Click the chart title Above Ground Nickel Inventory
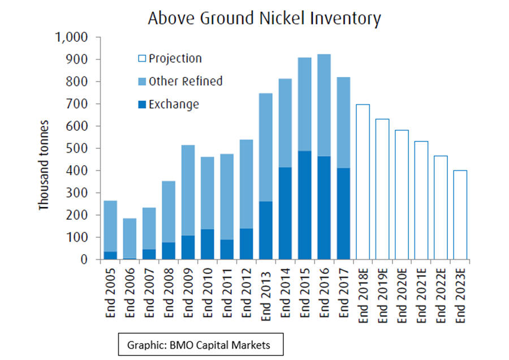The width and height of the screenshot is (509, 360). (264, 18)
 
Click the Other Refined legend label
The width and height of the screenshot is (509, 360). (185, 82)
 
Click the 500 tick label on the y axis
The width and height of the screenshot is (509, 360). (80, 148)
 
